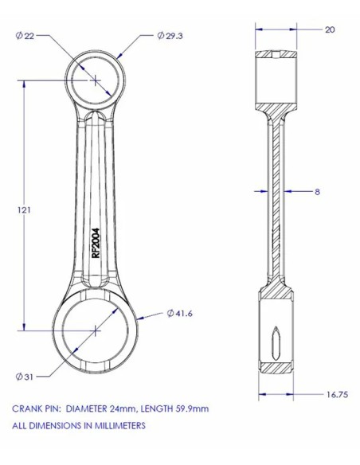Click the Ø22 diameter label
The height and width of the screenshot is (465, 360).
[x=25, y=36]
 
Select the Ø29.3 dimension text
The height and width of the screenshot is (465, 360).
[x=170, y=36]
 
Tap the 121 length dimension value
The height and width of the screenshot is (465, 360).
[x=25, y=210]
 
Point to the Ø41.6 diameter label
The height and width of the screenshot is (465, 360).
[x=180, y=313]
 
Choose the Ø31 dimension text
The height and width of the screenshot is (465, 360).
[x=25, y=377]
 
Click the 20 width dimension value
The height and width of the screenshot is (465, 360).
[x=330, y=29]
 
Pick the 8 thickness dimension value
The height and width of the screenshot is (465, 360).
[x=317, y=192]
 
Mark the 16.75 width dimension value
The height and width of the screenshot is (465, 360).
[x=337, y=395]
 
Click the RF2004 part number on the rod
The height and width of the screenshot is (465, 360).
[x=96, y=243]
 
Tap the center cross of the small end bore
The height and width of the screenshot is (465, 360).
[x=96, y=80]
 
